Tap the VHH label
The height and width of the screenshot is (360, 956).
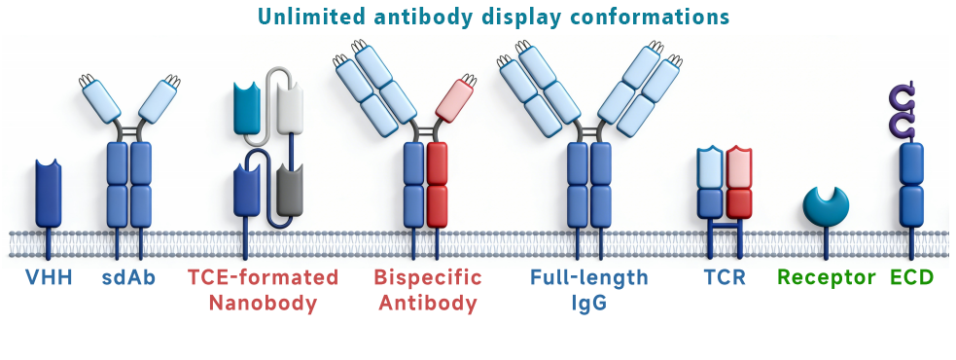point(49,277)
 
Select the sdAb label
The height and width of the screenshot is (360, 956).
point(128,277)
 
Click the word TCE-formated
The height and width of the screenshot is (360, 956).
point(263,277)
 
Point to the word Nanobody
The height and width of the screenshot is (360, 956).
point(263,304)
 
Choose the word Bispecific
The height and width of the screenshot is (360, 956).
point(427,277)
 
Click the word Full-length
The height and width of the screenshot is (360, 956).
point(589,277)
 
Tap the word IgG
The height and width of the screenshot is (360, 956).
point(589,304)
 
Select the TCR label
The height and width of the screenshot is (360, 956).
point(725,277)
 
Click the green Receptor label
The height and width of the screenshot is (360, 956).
point(826,277)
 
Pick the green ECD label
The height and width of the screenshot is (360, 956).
point(911,277)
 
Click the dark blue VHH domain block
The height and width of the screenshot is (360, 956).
point(49,193)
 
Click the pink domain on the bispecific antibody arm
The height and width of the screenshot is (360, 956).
point(455,100)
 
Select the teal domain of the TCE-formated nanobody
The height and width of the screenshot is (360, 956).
point(247,108)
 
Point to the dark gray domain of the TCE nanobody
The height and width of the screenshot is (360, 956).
point(290,190)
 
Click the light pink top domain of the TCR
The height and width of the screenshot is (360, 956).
point(739,167)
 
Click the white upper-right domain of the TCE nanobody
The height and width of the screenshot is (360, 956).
point(290,108)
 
